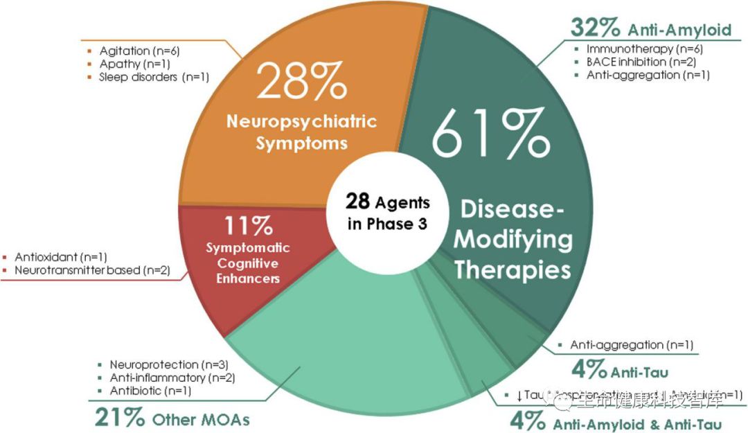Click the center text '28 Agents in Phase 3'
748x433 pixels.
(388, 213)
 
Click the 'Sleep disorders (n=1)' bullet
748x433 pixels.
(154, 77)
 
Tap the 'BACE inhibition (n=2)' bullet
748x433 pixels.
(641, 62)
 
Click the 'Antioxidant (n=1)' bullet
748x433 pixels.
(61, 256)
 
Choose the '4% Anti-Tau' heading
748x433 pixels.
(620, 370)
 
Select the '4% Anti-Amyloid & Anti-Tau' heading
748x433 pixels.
(616, 421)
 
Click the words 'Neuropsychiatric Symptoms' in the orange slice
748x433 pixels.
(301, 132)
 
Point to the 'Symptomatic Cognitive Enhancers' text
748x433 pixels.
(248, 263)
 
